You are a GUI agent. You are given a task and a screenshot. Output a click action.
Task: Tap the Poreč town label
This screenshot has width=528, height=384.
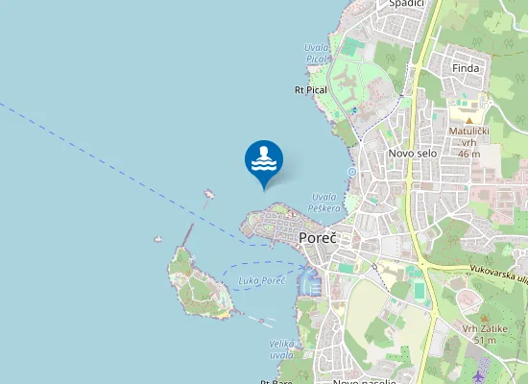317,238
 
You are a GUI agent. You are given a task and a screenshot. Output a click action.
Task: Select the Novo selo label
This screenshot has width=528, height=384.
412,154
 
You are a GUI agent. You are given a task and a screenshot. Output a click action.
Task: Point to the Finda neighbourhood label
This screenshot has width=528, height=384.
466,68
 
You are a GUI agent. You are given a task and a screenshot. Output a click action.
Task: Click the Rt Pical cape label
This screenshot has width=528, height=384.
311,89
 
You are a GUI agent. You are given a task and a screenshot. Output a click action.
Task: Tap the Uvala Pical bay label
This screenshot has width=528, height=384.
316,53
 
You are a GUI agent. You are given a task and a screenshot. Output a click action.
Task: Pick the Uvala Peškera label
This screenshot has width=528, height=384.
324,203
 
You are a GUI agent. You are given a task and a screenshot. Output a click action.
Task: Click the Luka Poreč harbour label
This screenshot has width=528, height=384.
260,280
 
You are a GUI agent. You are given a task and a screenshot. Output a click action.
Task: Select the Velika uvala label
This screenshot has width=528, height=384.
281,348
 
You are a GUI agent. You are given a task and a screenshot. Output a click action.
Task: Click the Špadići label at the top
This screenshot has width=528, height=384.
407,4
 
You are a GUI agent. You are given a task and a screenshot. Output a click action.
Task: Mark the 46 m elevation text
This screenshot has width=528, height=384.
469,154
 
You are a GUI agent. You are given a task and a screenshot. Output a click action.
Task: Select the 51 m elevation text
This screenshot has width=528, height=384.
484,340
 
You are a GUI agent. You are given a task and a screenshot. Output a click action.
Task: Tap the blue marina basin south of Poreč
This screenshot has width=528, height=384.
307,281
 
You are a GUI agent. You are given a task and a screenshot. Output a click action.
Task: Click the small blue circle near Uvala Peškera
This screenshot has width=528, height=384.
352,172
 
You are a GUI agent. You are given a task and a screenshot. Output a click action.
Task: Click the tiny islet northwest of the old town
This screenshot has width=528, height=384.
208,193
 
